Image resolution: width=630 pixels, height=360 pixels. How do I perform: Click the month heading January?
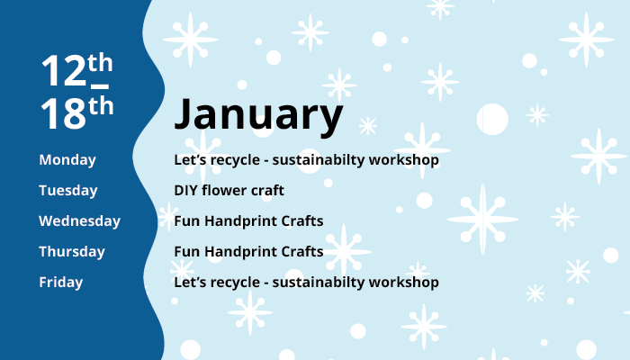point(258,116)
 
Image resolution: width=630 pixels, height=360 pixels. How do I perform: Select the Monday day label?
point(67,160)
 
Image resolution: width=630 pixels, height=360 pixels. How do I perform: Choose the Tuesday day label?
point(68,191)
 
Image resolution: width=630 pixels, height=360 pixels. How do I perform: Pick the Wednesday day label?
point(79,221)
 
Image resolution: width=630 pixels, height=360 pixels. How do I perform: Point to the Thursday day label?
point(72,252)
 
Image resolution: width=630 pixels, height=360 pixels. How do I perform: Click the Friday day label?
point(61,283)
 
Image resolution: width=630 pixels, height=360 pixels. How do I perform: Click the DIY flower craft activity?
point(229,191)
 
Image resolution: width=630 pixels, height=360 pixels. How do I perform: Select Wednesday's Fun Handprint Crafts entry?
point(248,221)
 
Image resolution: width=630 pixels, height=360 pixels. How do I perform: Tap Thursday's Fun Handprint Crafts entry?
point(248,252)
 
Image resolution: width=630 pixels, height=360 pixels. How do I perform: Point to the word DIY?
point(186,191)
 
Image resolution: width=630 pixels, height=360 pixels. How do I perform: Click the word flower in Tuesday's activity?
point(226,191)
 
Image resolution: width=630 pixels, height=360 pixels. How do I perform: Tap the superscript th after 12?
point(101,63)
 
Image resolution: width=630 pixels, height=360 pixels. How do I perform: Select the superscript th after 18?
point(101,105)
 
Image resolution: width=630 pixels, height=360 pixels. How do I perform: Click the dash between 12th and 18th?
point(100,86)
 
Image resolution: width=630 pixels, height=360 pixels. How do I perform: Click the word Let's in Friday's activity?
point(191,283)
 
